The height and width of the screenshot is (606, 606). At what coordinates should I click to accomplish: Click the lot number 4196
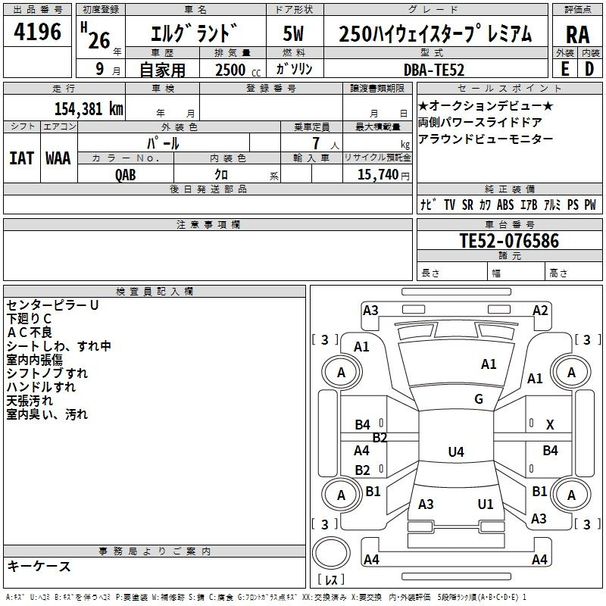point(37,32)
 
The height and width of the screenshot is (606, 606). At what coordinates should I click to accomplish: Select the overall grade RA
point(577,35)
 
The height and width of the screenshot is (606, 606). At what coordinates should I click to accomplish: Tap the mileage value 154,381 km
point(89,108)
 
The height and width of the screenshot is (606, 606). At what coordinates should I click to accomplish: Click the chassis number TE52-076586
point(509,240)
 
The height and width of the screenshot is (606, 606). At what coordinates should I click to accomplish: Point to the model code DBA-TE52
point(433,70)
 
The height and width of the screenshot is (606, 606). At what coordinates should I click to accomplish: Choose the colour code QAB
point(126,175)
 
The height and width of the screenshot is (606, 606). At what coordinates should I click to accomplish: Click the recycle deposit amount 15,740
point(377,174)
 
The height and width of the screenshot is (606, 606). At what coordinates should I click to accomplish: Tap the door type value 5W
point(293,33)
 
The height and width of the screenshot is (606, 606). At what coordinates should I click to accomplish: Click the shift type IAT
point(21,158)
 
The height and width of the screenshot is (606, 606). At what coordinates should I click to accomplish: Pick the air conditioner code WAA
point(58,158)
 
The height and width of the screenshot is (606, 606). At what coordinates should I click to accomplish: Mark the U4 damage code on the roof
point(456,451)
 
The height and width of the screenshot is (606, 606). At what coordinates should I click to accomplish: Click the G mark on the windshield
point(479,399)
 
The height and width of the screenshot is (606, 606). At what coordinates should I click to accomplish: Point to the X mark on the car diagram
point(550,425)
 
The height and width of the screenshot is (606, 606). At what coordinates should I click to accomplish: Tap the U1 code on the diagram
point(486,504)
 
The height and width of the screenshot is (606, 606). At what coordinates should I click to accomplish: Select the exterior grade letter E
point(564,69)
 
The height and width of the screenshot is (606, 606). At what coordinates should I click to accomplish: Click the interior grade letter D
point(589,69)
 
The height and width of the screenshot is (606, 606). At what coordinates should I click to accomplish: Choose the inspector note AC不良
point(30,333)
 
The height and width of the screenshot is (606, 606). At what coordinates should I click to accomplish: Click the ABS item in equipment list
point(505,205)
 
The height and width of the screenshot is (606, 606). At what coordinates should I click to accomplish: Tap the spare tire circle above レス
point(331,553)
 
